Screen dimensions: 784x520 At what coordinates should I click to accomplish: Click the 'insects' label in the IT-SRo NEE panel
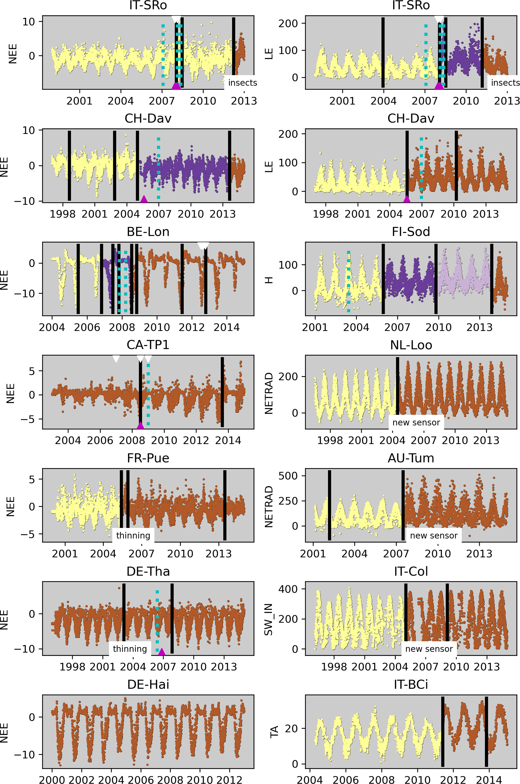[x=243, y=83]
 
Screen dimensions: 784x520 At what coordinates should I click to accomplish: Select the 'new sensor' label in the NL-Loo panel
[x=416, y=422]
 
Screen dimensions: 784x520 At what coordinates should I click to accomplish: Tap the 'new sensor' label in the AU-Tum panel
[x=433, y=536]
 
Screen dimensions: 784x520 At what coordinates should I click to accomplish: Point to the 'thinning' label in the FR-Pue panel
[x=133, y=536]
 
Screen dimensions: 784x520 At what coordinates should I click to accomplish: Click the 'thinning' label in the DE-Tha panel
[x=130, y=649]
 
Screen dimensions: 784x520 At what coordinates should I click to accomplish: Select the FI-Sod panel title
[x=411, y=232]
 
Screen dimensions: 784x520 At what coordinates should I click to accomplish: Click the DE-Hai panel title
[x=148, y=684]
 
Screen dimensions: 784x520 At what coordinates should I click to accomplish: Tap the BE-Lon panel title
[x=148, y=232]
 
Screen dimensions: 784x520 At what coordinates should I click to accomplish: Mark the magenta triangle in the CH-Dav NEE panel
[x=144, y=199]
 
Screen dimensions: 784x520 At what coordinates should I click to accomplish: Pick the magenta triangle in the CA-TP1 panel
[x=140, y=425]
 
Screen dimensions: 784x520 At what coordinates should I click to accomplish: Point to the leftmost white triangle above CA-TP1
[x=116, y=359]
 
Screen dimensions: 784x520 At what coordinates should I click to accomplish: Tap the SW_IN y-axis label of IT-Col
[x=268, y=619]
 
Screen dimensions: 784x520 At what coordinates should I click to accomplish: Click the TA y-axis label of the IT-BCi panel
[x=274, y=732]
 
